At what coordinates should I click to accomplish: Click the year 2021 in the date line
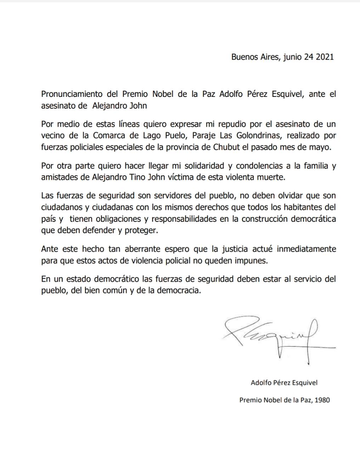click(x=324, y=57)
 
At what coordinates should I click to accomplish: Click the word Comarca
click(x=111, y=136)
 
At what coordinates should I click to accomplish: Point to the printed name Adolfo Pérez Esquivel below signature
click(x=284, y=383)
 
